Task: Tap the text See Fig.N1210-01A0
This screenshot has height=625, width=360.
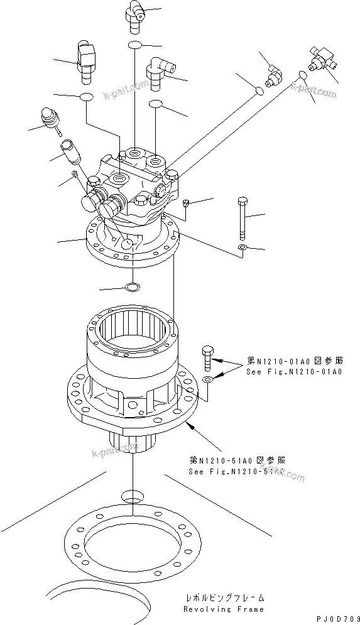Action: click(x=294, y=372)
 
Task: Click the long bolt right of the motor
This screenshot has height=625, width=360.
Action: click(x=243, y=217)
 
